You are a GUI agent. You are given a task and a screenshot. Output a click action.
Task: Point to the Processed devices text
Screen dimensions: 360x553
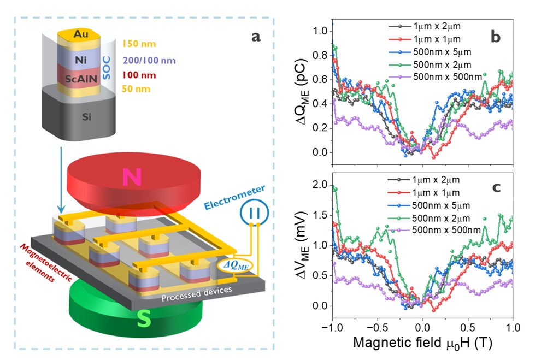(197, 296)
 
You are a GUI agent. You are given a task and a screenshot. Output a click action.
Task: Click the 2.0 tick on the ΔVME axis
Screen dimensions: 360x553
(318, 184)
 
